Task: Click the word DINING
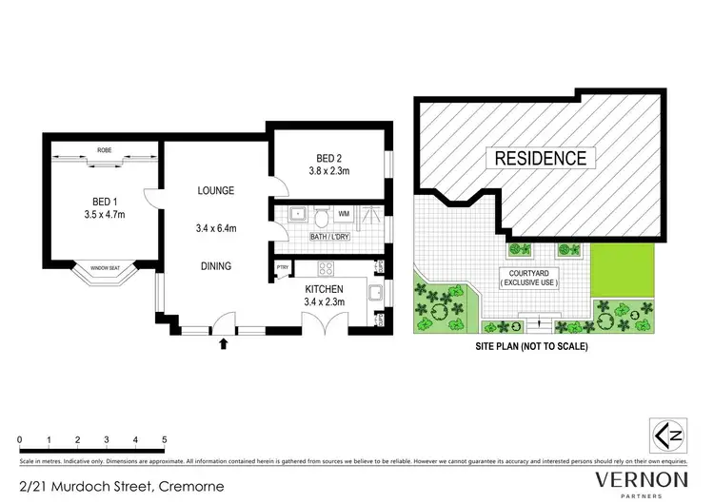pyautogui.click(x=216, y=266)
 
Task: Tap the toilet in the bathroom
pyautogui.click(x=322, y=212)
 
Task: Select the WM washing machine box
pyautogui.click(x=343, y=213)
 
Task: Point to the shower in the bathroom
pyautogui.click(x=372, y=213)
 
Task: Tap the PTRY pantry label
pyautogui.click(x=282, y=268)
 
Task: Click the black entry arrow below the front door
pyautogui.click(x=224, y=342)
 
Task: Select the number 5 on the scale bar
pyautogui.click(x=165, y=440)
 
